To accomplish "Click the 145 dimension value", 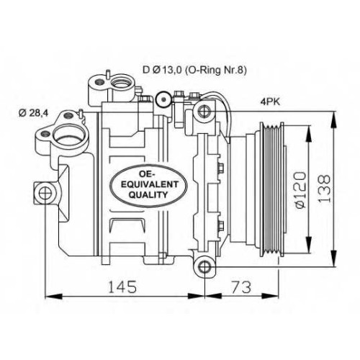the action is [122, 287].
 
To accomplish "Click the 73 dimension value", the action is [241, 287].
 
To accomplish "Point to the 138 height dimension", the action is [325, 189].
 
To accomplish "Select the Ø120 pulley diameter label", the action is [300, 189].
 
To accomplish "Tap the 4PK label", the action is [270, 102].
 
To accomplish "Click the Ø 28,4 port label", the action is [33, 113].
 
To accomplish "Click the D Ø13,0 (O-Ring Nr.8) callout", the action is [194, 70].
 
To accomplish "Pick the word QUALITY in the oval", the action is [148, 194].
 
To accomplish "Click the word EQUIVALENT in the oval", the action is [150, 184].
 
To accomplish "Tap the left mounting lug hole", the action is [45, 194].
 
